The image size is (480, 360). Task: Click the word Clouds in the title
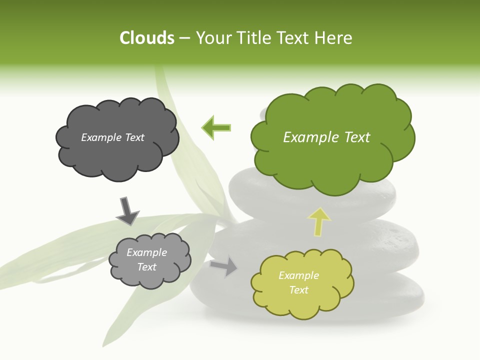[147, 38]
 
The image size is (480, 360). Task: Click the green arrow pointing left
[216, 128]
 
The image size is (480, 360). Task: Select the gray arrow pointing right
[224, 266]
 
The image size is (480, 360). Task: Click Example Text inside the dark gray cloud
[112, 137]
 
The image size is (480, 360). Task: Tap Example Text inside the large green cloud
[326, 137]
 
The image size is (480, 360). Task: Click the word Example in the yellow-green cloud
[298, 275]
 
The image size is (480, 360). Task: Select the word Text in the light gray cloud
[146, 267]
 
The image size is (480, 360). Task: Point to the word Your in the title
[212, 38]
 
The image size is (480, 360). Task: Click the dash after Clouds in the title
[184, 38]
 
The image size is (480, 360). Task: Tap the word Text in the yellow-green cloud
[298, 290]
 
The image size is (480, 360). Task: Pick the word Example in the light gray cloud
[146, 253]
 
